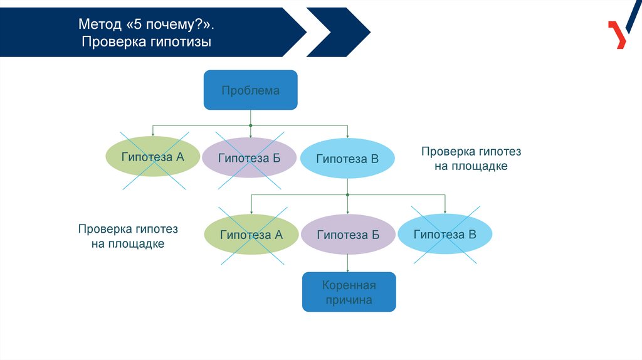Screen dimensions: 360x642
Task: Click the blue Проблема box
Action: click(x=250, y=90)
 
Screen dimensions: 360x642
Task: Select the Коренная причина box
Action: click(x=349, y=292)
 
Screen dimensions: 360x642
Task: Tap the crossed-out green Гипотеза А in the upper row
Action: click(x=152, y=157)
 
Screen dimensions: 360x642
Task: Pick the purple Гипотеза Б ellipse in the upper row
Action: click(x=249, y=157)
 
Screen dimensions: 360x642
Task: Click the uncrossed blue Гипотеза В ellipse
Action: click(x=347, y=159)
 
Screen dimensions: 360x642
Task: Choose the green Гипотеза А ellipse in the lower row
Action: click(x=251, y=235)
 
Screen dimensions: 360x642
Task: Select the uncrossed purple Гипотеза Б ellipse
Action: click(x=348, y=235)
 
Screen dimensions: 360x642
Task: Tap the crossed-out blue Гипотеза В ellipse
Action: click(x=445, y=235)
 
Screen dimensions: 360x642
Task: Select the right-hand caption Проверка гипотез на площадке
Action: click(x=471, y=159)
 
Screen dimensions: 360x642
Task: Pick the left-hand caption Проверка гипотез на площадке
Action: click(x=128, y=236)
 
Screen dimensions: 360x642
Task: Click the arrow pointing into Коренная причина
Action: click(x=348, y=268)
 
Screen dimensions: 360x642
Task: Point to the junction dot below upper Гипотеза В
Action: click(x=348, y=195)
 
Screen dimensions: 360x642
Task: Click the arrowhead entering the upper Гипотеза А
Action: click(x=152, y=134)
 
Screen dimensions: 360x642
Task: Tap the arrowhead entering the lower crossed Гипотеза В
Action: click(x=445, y=211)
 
